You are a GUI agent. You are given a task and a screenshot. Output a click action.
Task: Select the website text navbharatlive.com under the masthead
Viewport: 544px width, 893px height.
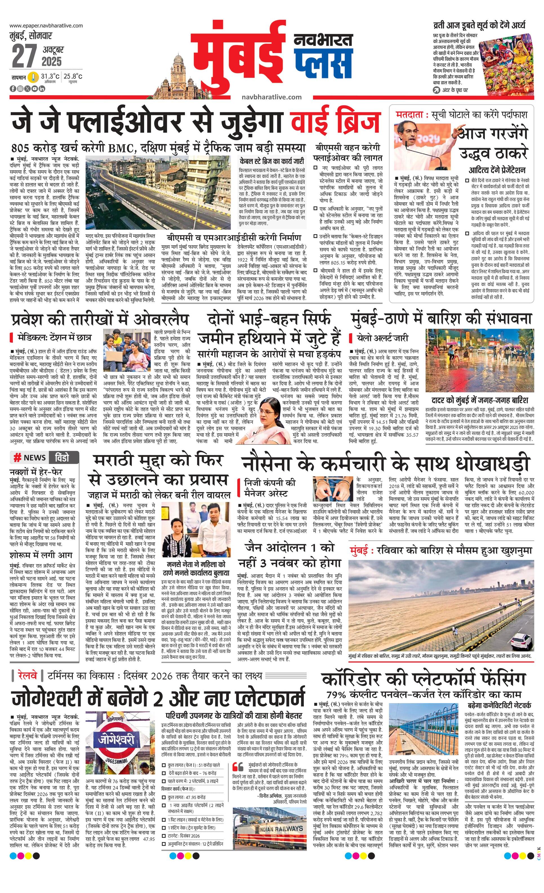coord(271,97)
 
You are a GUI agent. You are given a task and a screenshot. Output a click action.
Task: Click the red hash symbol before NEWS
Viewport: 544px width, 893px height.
coord(17,458)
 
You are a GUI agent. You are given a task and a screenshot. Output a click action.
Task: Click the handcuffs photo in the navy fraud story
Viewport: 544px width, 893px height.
coord(333,486)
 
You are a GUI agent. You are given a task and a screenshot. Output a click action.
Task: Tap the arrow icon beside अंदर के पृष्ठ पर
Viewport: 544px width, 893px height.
coord(437,90)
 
